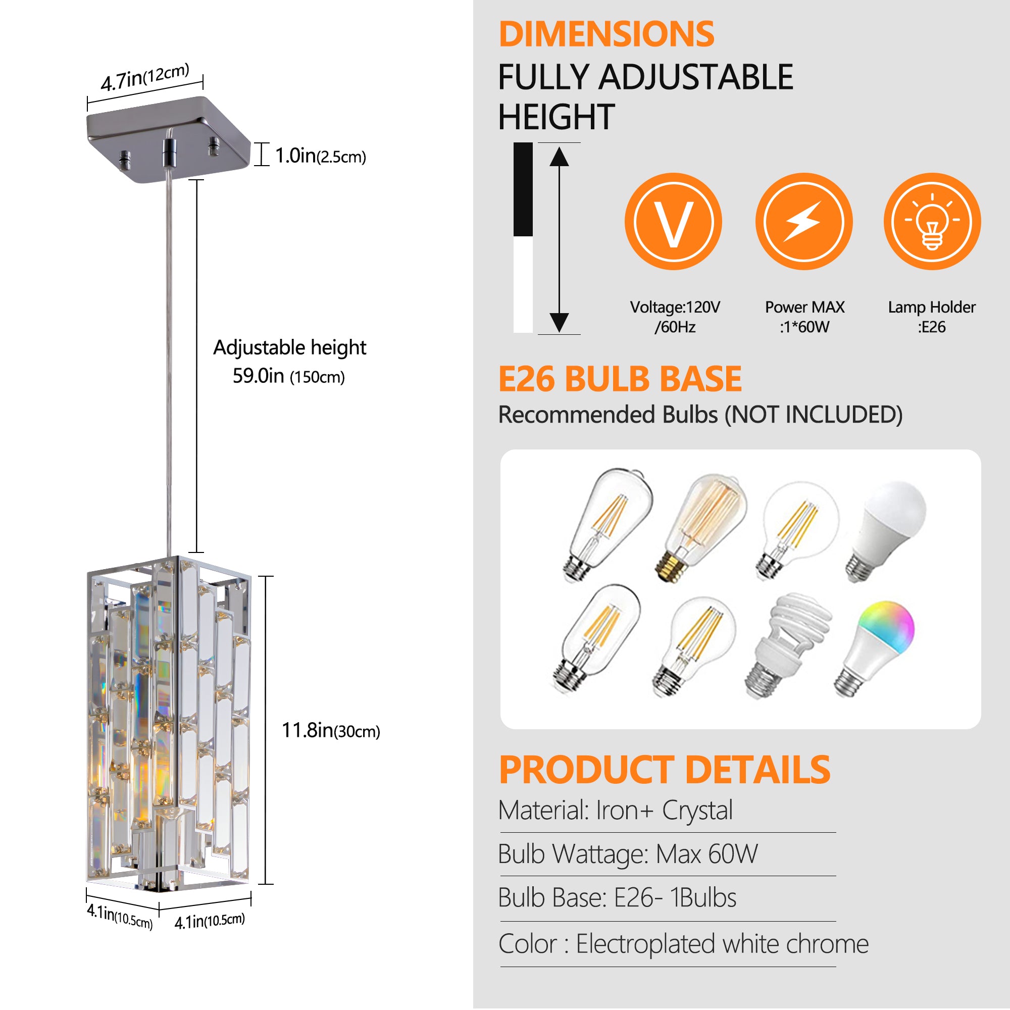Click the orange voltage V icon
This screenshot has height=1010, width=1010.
tap(673, 222)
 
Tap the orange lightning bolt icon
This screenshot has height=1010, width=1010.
tap(803, 222)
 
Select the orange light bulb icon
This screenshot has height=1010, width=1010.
tap(932, 222)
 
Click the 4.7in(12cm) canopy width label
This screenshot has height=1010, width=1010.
tap(144, 77)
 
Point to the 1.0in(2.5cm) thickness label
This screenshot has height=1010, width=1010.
tap(320, 156)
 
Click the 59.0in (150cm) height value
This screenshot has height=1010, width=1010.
tap(288, 376)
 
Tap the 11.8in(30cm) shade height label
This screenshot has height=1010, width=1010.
tap(330, 730)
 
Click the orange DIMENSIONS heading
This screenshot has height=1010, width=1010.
tap(607, 34)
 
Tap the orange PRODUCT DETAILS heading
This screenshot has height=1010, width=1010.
tap(664, 770)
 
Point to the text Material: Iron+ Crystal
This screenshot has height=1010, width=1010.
tap(615, 811)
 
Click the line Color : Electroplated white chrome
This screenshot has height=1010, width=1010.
tap(683, 944)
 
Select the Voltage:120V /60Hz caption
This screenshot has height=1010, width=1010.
tap(674, 317)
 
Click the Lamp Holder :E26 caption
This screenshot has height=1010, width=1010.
tap(931, 317)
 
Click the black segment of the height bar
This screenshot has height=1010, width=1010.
tap(523, 189)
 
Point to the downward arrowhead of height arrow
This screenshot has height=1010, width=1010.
tap(559, 322)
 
